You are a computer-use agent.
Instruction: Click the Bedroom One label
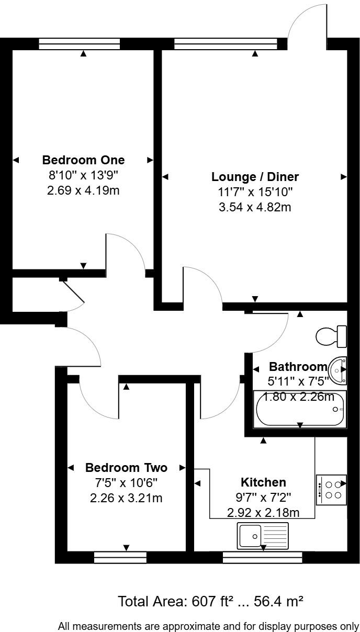pyautogui.click(x=83, y=160)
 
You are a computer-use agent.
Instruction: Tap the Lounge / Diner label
pyautogui.click(x=255, y=176)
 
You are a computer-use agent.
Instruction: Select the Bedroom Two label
pyautogui.click(x=126, y=467)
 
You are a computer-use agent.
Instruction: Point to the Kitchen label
pyautogui.click(x=263, y=482)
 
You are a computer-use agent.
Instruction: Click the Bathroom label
pyautogui.click(x=298, y=366)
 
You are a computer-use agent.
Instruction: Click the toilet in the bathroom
pyautogui.click(x=332, y=336)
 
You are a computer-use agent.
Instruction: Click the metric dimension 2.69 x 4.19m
pyautogui.click(x=83, y=190)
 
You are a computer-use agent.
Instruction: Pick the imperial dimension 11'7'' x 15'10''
pyautogui.click(x=255, y=192)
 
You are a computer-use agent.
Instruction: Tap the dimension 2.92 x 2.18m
pyautogui.click(x=263, y=512)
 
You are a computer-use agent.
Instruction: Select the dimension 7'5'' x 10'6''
pyautogui.click(x=126, y=482)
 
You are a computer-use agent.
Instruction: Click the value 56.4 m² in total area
pyautogui.click(x=278, y=602)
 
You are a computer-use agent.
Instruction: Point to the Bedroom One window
pyautogui.click(x=80, y=45)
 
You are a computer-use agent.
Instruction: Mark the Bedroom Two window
pyautogui.click(x=120, y=558)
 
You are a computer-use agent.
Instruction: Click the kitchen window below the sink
pyautogui.click(x=262, y=558)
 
